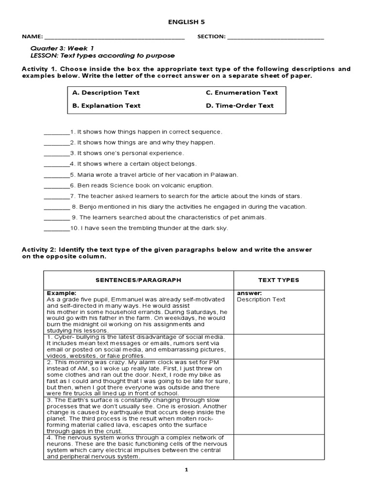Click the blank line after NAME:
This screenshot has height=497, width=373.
click(114, 37)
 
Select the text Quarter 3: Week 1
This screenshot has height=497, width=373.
click(62, 49)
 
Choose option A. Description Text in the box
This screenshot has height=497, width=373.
click(105, 93)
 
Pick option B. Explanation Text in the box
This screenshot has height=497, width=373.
click(106, 106)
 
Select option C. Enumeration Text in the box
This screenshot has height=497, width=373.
click(241, 93)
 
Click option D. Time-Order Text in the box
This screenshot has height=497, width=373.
click(239, 106)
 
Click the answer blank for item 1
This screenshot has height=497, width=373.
click(56, 132)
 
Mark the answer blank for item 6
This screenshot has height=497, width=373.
click(56, 185)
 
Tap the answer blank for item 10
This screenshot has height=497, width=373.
click(56, 228)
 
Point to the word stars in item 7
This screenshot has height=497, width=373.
click(293, 196)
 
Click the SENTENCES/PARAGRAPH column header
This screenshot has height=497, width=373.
click(138, 280)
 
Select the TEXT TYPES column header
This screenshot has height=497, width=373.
click(278, 280)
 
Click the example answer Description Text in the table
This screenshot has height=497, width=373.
click(261, 299)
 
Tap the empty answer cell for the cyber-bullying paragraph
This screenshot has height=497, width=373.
click(279, 347)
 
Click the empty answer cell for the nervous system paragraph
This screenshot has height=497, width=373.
click(279, 447)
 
